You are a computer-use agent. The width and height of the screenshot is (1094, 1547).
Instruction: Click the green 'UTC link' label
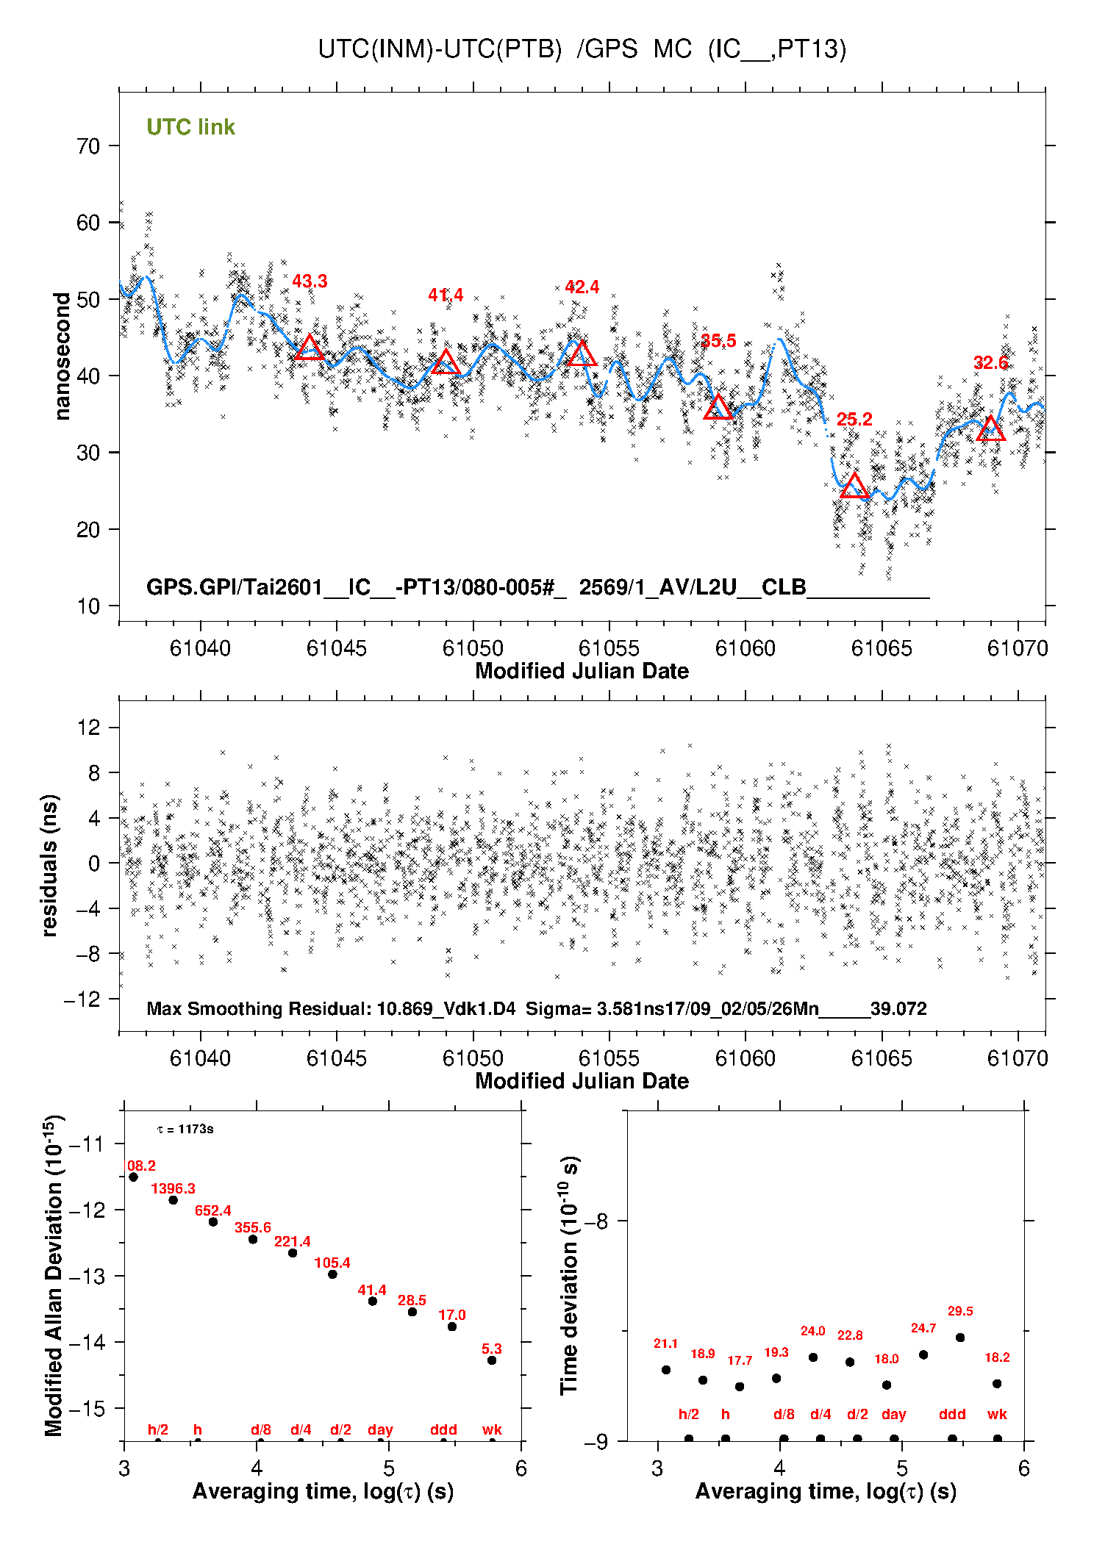coord(190,127)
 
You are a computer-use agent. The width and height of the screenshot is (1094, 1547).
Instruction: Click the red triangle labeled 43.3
coord(310,348)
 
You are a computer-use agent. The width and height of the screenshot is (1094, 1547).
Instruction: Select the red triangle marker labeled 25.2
coord(854,487)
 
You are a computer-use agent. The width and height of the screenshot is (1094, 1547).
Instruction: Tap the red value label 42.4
coord(582,287)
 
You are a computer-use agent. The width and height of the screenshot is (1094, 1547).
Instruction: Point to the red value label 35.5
coord(718,341)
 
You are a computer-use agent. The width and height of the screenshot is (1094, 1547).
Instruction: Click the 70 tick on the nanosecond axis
coord(88,146)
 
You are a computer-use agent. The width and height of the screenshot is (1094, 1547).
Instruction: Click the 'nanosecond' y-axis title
coord(62,356)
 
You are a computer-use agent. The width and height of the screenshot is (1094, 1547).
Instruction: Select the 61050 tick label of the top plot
coord(473,648)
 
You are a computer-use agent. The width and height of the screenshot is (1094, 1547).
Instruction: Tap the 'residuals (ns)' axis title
coord(49,865)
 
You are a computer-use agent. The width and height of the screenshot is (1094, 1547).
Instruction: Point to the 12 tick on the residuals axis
coord(88,728)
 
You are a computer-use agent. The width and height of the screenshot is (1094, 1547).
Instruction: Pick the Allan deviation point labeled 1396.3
coord(174,1200)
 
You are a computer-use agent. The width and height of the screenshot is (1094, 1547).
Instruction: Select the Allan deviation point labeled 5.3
coord(492,1360)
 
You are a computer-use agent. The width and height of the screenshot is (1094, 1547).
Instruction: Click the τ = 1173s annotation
coord(185,1129)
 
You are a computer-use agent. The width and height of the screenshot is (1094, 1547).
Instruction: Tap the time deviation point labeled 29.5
coord(960,1338)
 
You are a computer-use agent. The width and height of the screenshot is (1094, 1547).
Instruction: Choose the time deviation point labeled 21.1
coord(666,1370)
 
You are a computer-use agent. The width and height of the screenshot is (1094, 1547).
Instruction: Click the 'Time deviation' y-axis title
coord(570,1276)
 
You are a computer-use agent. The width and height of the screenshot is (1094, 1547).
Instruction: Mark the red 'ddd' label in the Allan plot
coord(443,1429)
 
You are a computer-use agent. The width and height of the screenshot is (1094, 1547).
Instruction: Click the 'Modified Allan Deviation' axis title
coord(54,1275)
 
